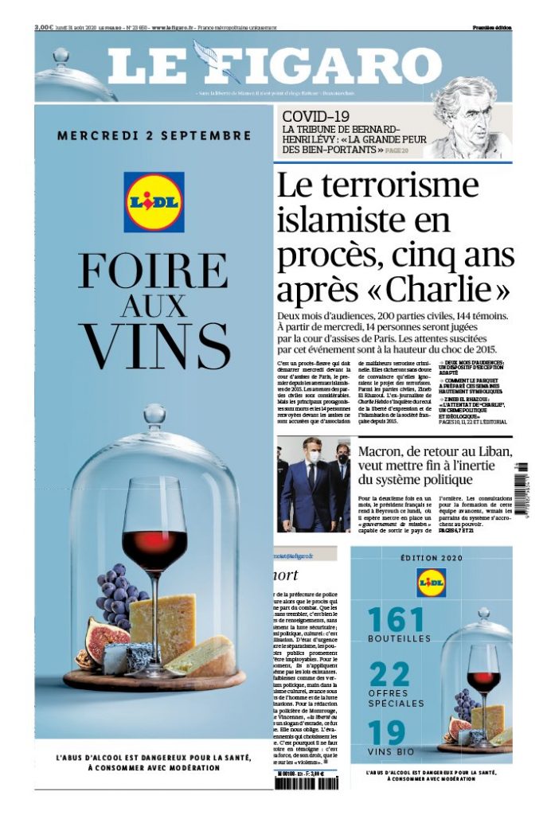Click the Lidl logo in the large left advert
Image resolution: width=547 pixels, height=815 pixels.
(154, 202)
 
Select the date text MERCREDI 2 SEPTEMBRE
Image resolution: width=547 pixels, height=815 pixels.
(154, 135)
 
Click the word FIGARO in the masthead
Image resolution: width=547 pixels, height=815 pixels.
(318, 67)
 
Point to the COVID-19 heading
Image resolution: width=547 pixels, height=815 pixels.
(318, 117)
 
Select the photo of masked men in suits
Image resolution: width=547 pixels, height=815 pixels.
(313, 483)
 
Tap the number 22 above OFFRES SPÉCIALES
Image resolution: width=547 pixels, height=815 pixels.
(389, 675)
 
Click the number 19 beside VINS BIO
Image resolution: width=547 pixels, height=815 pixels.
(387, 733)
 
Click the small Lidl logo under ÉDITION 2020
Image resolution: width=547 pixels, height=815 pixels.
(431, 583)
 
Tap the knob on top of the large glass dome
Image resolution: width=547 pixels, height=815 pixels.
(154, 415)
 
